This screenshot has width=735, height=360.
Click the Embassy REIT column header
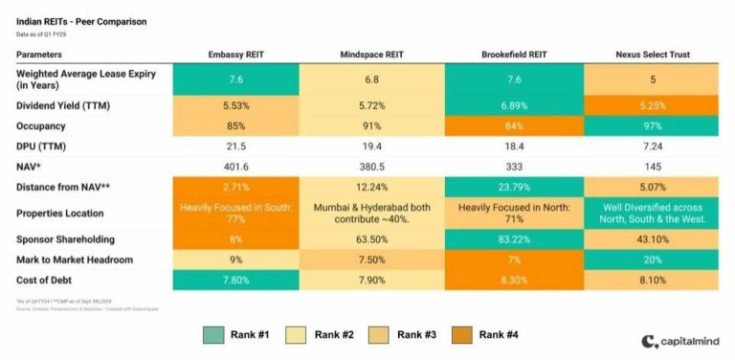(x=235, y=55)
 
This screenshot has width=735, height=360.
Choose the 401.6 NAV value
(x=235, y=167)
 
